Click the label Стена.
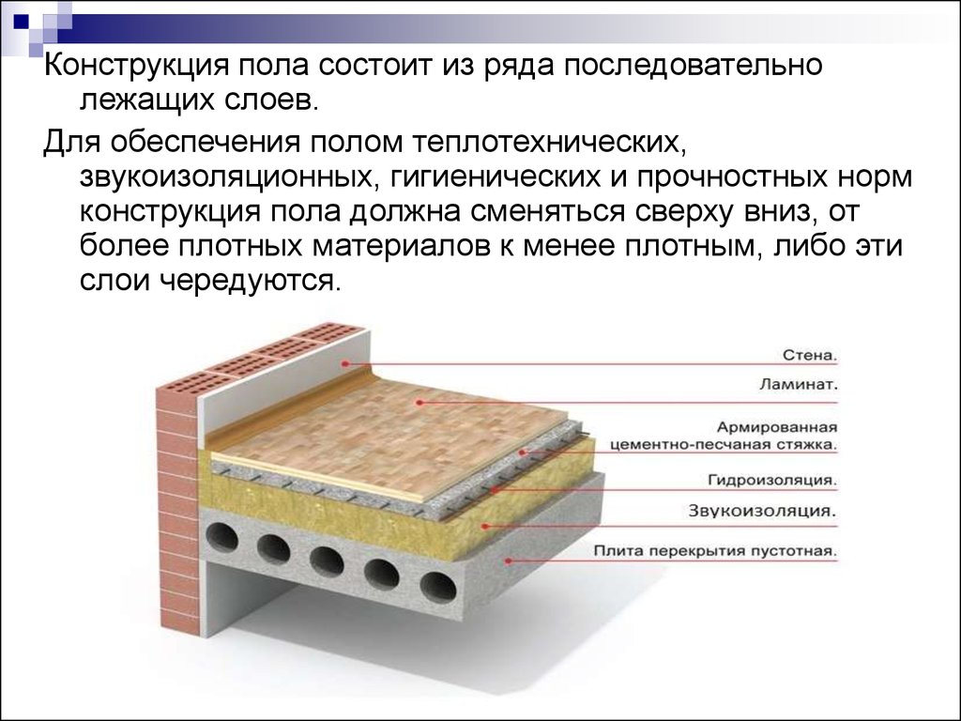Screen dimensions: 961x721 [810, 356]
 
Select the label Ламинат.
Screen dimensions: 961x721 [798, 385]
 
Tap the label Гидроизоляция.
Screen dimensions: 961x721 [772, 480]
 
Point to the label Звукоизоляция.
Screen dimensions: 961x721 [762, 511]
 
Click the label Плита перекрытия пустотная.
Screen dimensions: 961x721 [714, 551]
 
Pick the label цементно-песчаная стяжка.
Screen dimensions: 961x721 [724, 445]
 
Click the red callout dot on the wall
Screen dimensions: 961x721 [345, 363]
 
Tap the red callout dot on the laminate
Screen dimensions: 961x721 [419, 402]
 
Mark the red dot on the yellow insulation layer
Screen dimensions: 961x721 [484, 526]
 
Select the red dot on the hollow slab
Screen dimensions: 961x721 [508, 560]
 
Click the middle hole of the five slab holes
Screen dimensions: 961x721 [327, 561]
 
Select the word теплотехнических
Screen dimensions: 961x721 [548, 144]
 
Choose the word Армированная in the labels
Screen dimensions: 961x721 [777, 427]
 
